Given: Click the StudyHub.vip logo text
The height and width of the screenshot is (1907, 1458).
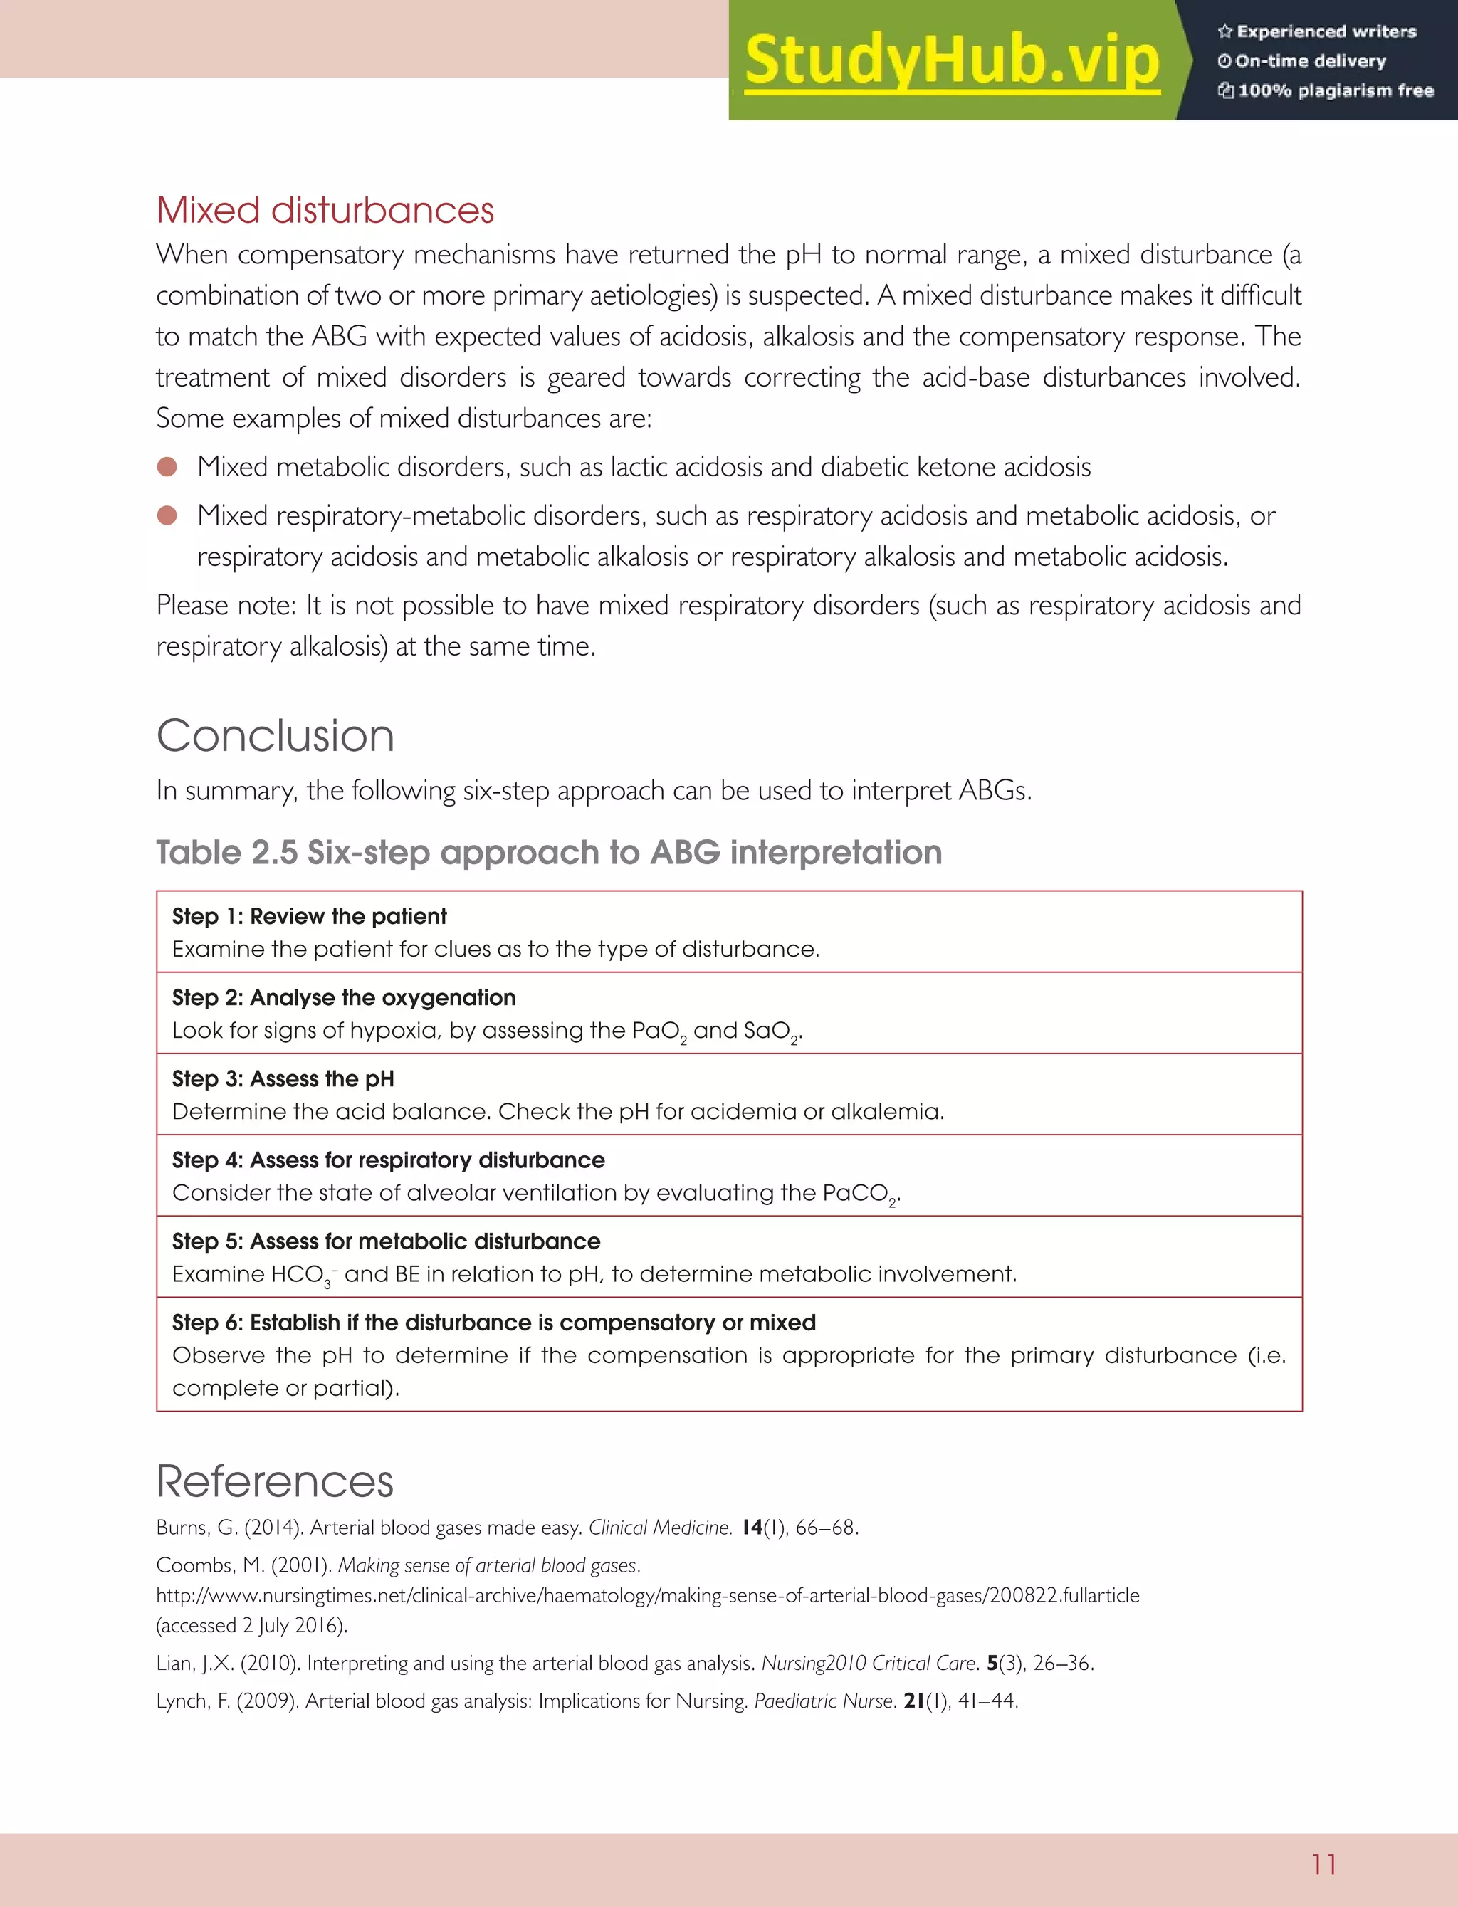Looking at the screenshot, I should pyautogui.click(x=952, y=60).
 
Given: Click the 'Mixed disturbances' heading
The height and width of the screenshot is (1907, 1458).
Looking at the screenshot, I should pyautogui.click(x=325, y=211).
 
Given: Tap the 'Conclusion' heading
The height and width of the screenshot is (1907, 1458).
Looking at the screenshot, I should pyautogui.click(x=275, y=736).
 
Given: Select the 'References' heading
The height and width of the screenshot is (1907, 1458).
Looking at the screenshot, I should pyautogui.click(x=274, y=1481).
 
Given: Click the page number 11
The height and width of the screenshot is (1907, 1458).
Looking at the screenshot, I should pyautogui.click(x=1323, y=1864).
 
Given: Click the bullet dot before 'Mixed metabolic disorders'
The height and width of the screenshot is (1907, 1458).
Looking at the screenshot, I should pyautogui.click(x=167, y=467).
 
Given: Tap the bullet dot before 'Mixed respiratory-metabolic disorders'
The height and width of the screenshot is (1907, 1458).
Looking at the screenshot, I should pyautogui.click(x=167, y=515).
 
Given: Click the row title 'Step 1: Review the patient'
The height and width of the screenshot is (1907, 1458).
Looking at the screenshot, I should pyautogui.click(x=309, y=916).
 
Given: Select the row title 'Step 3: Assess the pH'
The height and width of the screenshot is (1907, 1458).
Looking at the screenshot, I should pyautogui.click(x=283, y=1078).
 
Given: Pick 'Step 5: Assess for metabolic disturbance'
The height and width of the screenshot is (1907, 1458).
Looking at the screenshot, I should pyautogui.click(x=385, y=1241).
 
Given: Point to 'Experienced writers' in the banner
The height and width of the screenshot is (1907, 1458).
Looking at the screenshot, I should pyautogui.click(x=1325, y=32).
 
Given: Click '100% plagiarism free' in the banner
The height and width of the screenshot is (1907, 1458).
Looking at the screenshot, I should pyautogui.click(x=1335, y=90).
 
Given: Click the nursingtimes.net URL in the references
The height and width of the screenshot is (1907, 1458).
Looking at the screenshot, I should pyautogui.click(x=647, y=1595).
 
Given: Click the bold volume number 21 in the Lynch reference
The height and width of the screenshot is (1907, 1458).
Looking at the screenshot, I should pyautogui.click(x=913, y=1701).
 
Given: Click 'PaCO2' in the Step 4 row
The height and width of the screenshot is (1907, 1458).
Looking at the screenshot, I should pyautogui.click(x=860, y=1194).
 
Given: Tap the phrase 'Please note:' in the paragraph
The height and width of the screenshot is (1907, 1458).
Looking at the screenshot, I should pyautogui.click(x=226, y=606).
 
